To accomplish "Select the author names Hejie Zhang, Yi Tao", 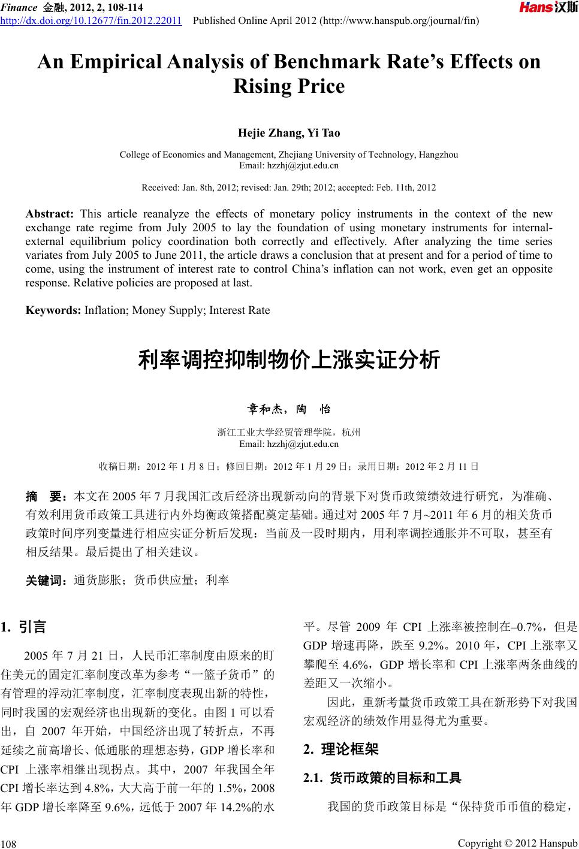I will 289,132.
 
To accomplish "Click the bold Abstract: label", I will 50,214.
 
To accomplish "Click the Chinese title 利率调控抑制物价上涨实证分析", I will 289,360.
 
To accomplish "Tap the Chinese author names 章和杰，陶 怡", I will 289,410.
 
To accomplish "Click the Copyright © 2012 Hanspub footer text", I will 517,843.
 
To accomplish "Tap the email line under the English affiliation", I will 289,165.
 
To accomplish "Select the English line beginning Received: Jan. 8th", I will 289,188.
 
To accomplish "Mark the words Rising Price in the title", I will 289,87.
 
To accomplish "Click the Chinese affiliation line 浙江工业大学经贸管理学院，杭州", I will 289,432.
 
